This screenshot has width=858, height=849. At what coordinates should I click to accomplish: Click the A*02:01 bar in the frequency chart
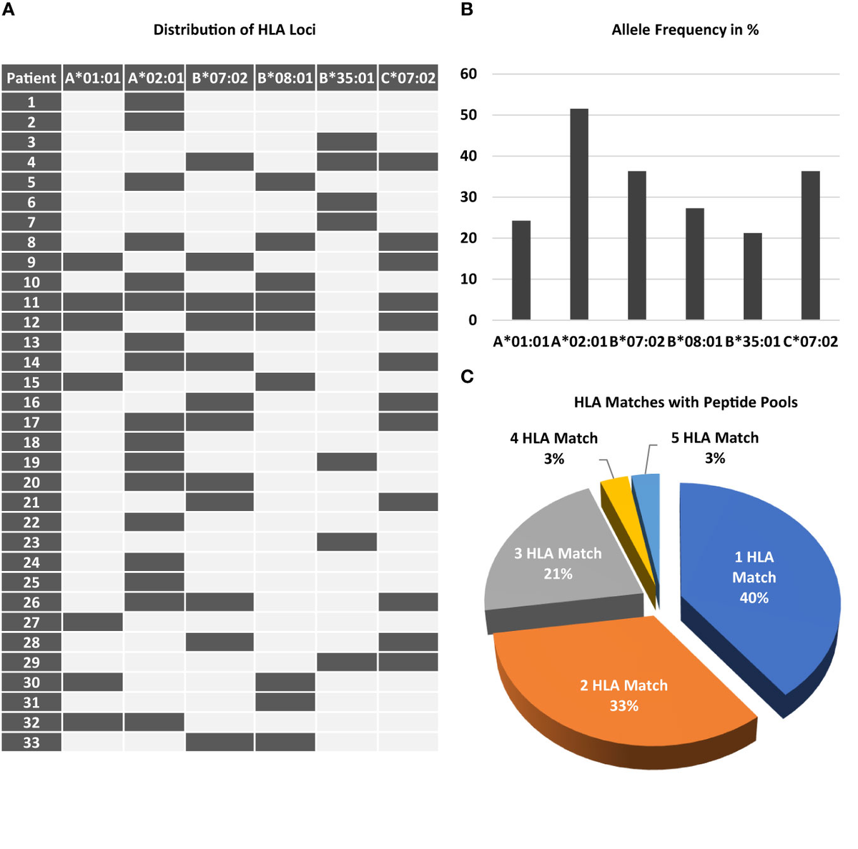(578, 214)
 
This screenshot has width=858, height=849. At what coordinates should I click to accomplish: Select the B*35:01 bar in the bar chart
(752, 277)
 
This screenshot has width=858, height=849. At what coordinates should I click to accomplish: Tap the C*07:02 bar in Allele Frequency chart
(810, 245)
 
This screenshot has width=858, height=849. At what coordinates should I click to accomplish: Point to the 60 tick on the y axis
(468, 74)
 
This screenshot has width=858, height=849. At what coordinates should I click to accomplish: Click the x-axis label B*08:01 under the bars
(694, 342)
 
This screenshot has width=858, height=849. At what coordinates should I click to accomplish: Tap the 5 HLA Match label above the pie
(714, 438)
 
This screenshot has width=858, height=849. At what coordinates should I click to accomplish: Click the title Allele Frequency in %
(685, 30)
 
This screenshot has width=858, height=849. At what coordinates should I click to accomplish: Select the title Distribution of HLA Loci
(235, 30)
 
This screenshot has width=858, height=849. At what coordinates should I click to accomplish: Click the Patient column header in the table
(31, 78)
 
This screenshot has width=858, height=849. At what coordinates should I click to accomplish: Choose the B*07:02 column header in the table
(220, 78)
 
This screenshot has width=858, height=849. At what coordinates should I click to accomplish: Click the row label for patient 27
(31, 622)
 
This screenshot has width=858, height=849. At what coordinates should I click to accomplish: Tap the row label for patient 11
(31, 302)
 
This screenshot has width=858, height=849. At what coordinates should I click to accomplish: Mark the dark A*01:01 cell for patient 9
(93, 262)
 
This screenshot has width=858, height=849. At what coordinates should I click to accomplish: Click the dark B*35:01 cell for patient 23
(347, 542)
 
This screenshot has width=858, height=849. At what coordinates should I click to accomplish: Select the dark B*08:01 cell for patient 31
(285, 702)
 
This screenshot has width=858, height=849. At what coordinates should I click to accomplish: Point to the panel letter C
(467, 377)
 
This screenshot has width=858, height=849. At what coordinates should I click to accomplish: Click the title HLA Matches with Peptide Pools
(685, 402)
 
